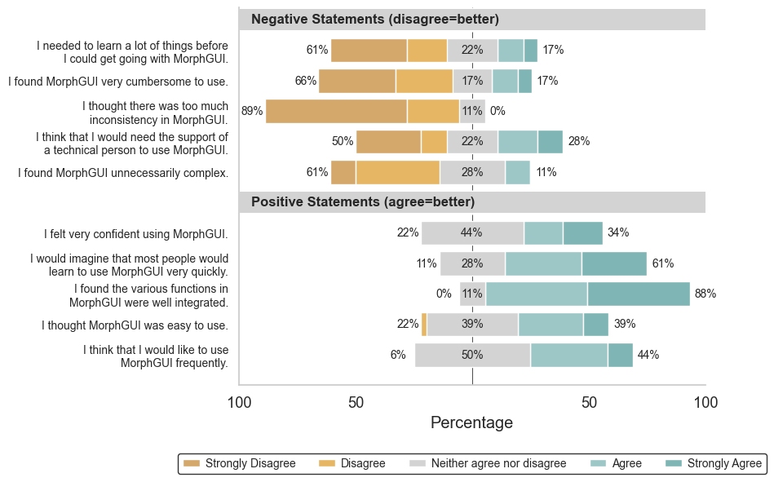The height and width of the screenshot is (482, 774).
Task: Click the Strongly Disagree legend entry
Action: [240, 463]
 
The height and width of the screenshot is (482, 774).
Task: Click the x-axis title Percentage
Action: [471, 422]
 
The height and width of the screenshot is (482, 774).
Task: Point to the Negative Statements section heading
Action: [374, 20]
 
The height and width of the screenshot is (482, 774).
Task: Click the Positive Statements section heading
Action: [362, 201]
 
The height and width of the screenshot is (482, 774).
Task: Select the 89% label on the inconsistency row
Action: [251, 111]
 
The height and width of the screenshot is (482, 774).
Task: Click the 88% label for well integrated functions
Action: [705, 294]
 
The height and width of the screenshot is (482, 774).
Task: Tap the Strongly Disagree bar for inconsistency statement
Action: [336, 111]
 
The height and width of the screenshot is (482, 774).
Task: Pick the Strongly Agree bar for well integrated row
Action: [639, 294]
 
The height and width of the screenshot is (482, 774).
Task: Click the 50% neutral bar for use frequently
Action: [472, 355]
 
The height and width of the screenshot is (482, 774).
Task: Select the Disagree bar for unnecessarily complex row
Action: [397, 172]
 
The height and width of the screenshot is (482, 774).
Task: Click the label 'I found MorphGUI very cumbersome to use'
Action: [118, 82]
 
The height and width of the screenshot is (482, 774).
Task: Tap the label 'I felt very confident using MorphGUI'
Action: [135, 234]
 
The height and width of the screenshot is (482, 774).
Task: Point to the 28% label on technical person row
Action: [578, 141]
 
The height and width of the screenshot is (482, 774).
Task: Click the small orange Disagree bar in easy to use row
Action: [424, 324]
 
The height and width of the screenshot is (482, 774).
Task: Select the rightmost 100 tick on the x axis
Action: [705, 403]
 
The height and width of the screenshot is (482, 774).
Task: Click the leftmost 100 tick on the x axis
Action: [239, 403]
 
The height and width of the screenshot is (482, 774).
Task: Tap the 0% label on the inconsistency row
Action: [497, 111]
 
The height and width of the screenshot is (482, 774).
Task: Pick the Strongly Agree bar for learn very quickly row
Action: [614, 263]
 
